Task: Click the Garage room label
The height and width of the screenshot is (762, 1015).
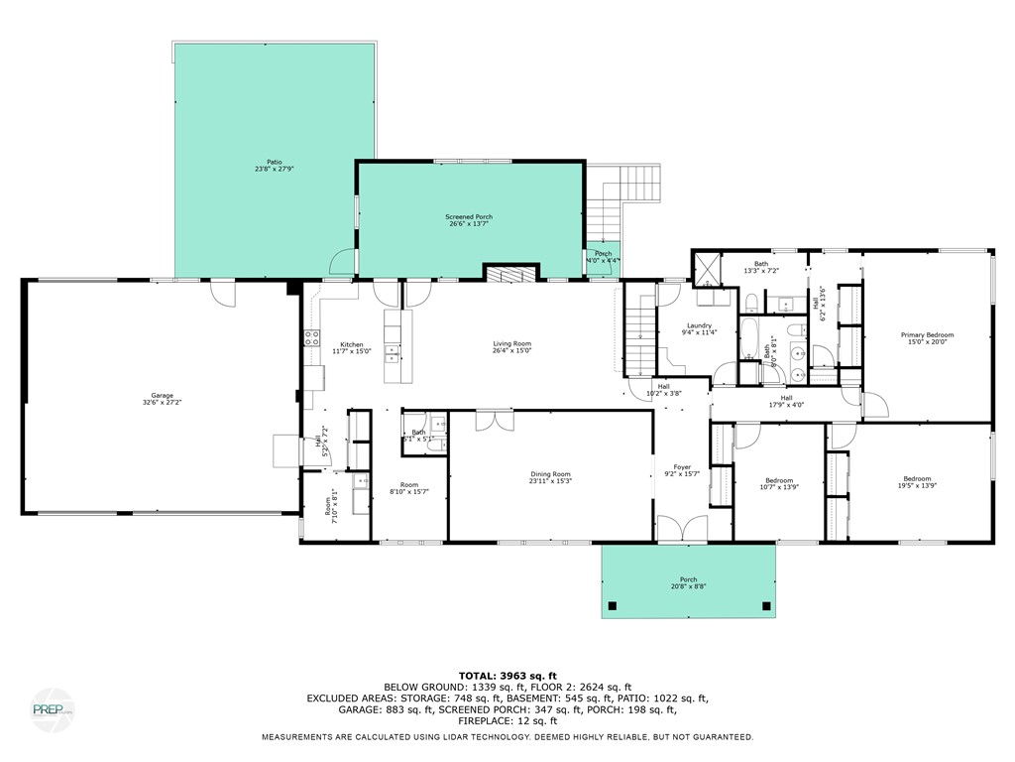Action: click(x=163, y=399)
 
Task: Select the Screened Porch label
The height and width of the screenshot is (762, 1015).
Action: click(x=469, y=219)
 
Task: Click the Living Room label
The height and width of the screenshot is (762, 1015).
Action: click(x=512, y=346)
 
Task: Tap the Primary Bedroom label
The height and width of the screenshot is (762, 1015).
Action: click(x=927, y=337)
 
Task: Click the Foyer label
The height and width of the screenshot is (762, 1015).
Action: click(x=682, y=469)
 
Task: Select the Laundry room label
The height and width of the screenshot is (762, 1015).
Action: click(x=699, y=328)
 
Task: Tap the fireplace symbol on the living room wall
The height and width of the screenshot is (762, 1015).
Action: click(x=510, y=273)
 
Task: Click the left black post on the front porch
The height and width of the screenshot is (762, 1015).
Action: click(x=613, y=605)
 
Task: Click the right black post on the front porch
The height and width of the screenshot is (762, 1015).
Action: click(x=765, y=605)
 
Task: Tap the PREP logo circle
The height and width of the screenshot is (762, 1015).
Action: click(x=52, y=709)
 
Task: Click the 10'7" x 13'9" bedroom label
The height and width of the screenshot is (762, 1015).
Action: click(x=778, y=483)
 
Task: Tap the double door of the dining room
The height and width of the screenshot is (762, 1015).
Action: click(x=494, y=421)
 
